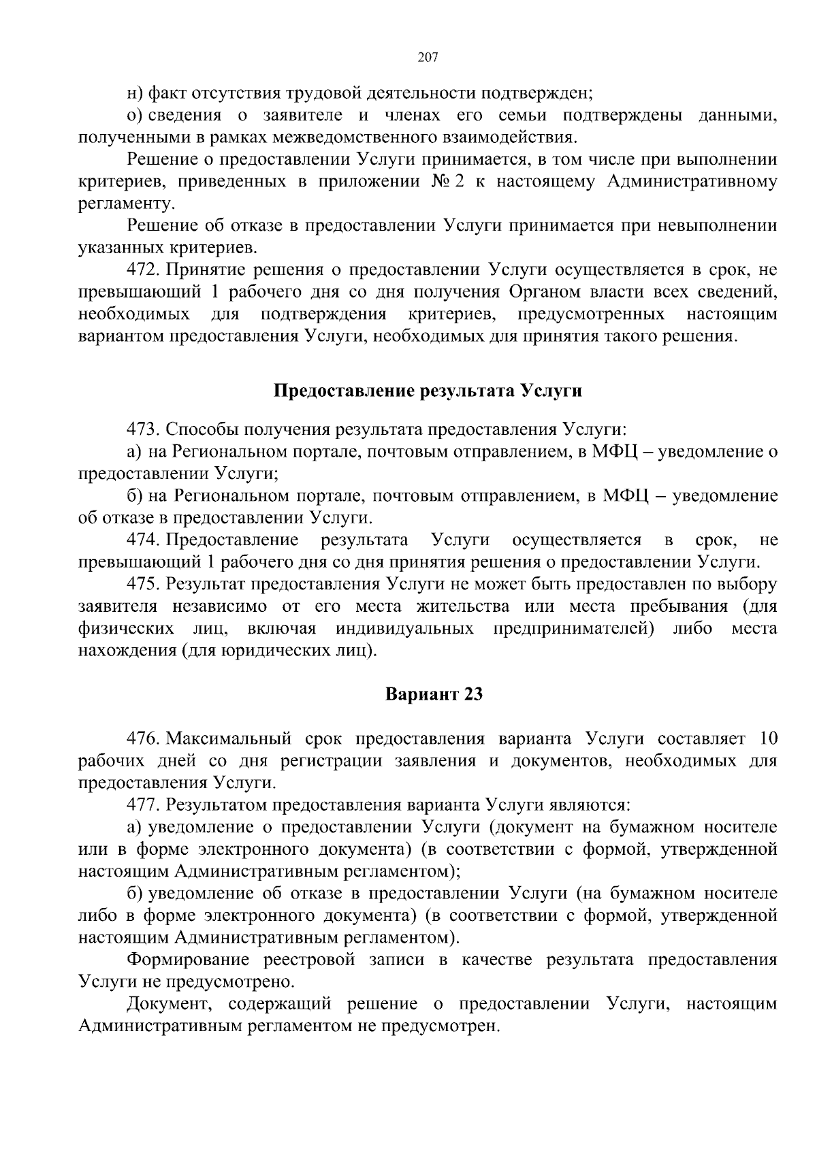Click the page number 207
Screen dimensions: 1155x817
[x=427, y=57]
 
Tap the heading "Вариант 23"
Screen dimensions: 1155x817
[x=434, y=694]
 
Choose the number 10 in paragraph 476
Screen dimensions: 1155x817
[x=767, y=739]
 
